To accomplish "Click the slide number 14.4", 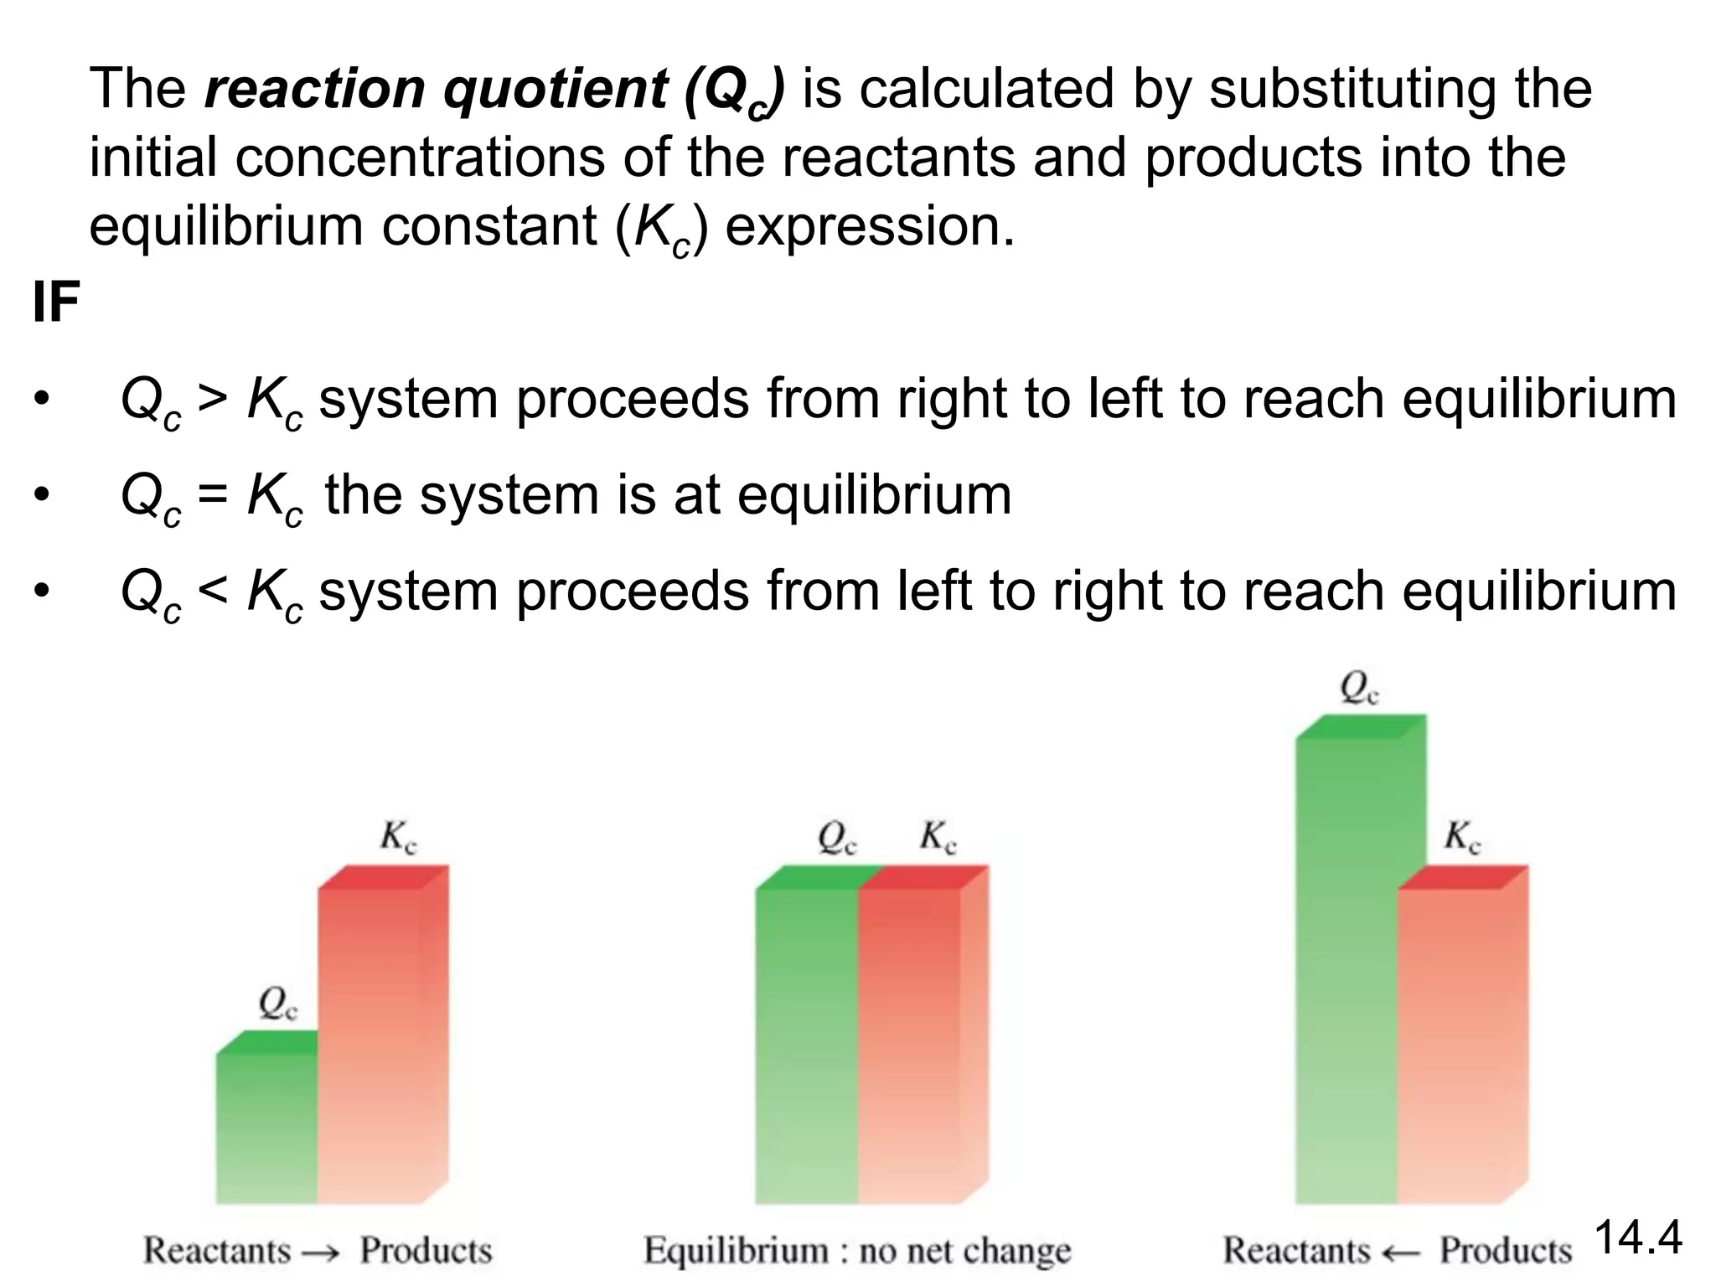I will coord(1637,1238).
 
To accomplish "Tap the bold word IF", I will coord(55,302).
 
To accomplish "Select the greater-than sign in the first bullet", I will coord(212,399).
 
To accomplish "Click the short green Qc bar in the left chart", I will coord(266,1127).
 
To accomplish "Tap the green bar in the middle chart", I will coord(806,1039).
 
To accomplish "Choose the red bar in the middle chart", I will coord(913,1039).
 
